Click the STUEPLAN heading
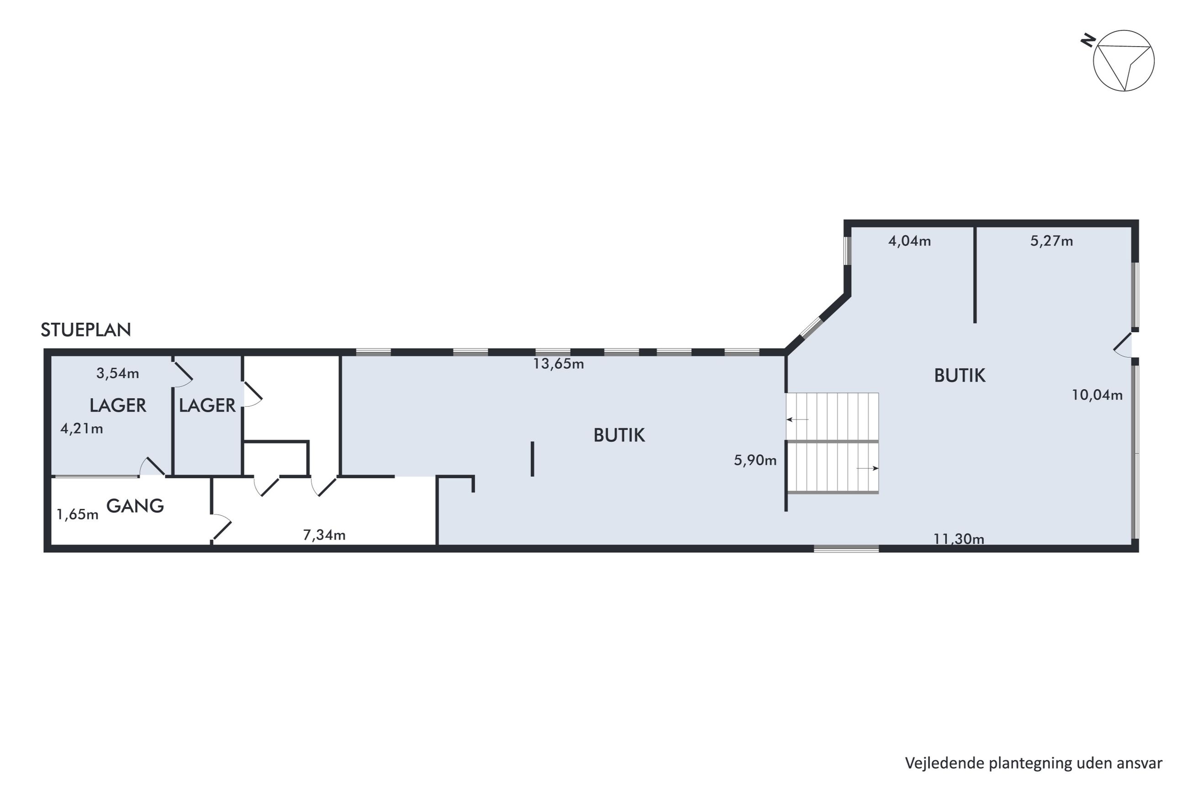(86, 330)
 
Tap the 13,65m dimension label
(558, 364)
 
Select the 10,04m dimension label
(1097, 395)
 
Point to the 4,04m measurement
(909, 241)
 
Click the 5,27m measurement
(1051, 241)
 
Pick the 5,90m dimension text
(755, 460)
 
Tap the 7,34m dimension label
(324, 535)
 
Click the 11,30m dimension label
(958, 539)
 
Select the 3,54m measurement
(117, 373)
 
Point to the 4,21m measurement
(81, 429)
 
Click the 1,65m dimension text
(77, 514)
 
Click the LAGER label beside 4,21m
(117, 405)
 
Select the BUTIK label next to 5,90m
(619, 435)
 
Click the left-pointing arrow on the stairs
(798, 419)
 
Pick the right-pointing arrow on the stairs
(867, 469)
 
